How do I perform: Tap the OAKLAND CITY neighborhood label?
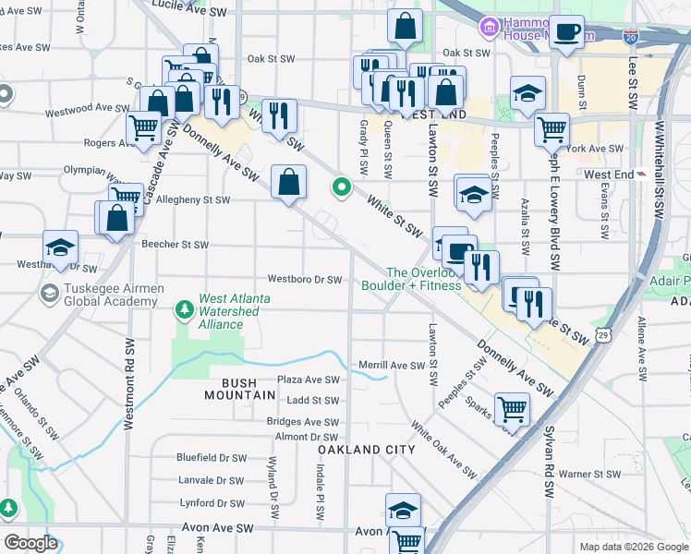point(362,449)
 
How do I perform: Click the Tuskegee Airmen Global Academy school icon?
point(49,294)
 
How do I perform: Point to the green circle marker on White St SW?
point(342,187)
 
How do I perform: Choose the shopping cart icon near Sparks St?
point(511,407)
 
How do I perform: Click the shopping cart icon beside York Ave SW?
point(552,128)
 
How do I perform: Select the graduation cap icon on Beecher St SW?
point(60,247)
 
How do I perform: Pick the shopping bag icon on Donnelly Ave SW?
point(289,181)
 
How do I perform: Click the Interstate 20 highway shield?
point(630,37)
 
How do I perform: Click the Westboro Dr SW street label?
point(305,279)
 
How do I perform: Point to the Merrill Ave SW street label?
point(390,365)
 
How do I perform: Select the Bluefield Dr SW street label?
point(212,457)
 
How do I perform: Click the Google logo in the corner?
point(30,543)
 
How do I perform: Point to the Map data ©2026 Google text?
point(633,547)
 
